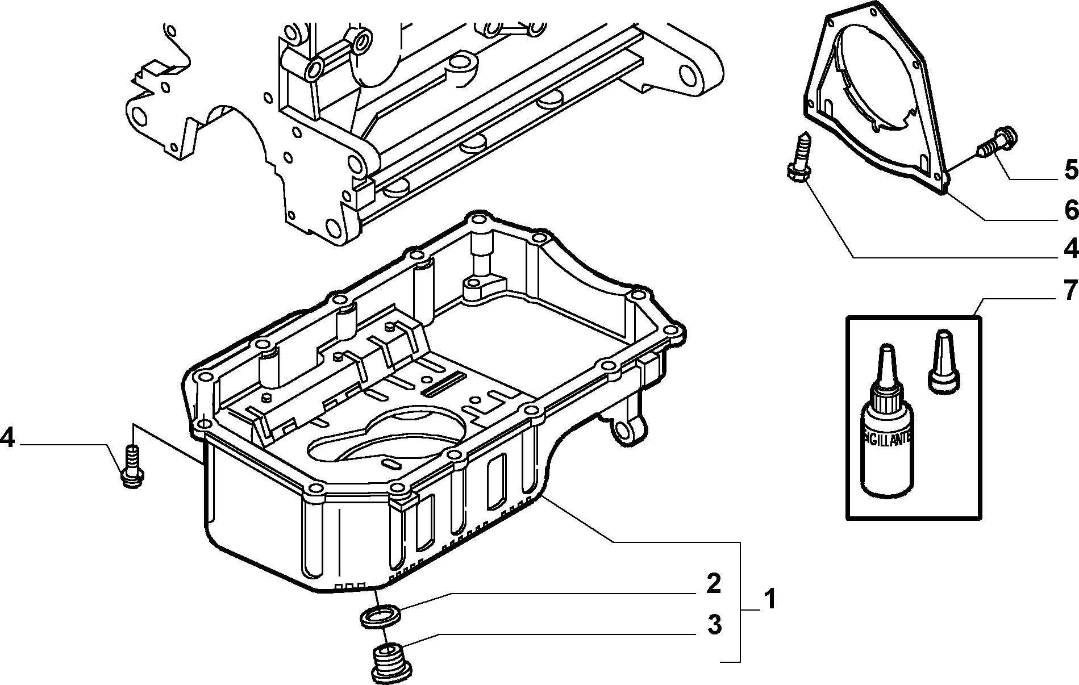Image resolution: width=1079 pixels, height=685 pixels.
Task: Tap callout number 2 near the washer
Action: click(713, 584)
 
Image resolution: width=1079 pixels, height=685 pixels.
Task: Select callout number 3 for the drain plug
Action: click(714, 625)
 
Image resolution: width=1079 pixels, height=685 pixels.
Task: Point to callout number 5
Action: click(1070, 169)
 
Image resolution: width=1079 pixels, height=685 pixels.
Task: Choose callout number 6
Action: click(1070, 211)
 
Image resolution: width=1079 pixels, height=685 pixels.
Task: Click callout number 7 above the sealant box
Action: click(1070, 290)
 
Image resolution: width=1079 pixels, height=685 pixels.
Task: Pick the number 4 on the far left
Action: click(7, 438)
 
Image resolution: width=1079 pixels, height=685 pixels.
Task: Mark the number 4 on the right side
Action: click(1070, 248)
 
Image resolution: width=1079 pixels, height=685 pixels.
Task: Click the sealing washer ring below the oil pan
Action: click(381, 615)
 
